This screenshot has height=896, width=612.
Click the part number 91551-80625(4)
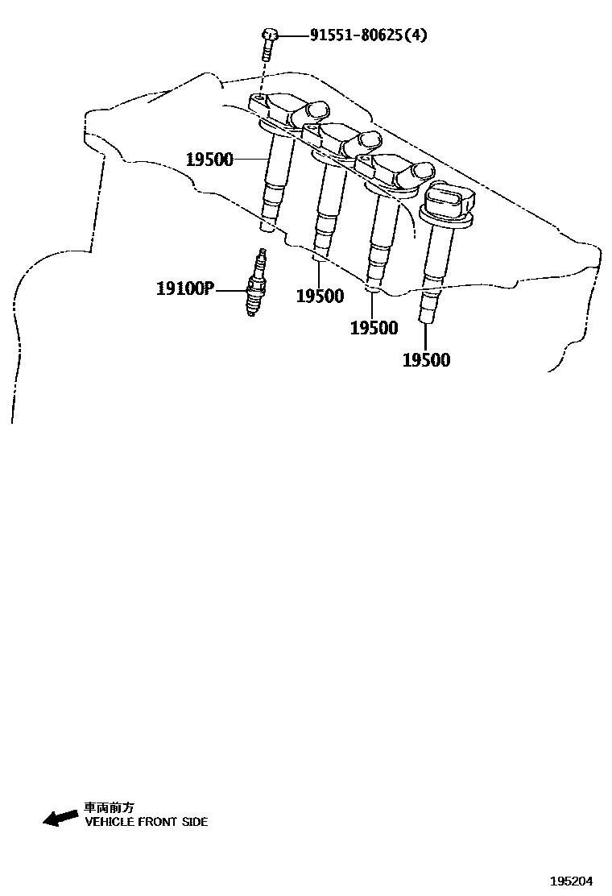click(370, 35)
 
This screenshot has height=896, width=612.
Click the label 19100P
click(184, 288)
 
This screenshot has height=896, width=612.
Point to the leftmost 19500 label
click(209, 159)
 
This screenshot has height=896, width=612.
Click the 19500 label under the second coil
click(320, 296)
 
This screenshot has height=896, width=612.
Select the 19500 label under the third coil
click(374, 328)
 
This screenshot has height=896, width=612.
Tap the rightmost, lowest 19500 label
click(426, 360)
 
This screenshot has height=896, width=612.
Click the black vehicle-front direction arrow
click(60, 818)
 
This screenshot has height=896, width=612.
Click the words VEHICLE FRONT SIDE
click(146, 822)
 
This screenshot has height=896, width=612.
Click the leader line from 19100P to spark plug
click(231, 288)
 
